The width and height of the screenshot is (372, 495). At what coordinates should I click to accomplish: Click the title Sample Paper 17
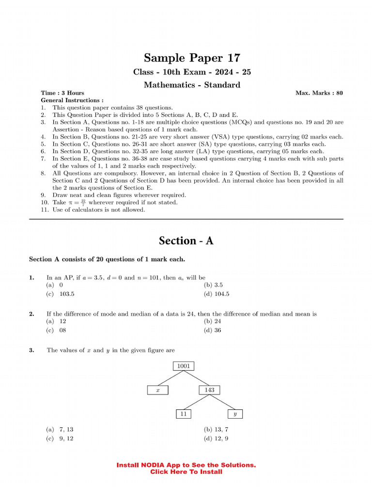[x=192, y=58]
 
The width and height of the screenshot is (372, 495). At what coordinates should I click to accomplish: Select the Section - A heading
[x=186, y=241]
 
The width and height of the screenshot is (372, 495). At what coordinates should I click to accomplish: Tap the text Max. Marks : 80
[x=319, y=93]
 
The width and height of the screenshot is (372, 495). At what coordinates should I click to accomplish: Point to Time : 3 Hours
[x=62, y=93]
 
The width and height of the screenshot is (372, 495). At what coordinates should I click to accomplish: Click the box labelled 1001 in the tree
[x=183, y=366]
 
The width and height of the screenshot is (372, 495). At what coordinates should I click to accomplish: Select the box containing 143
[x=209, y=390]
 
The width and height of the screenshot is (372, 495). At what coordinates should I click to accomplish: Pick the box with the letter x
[x=157, y=390]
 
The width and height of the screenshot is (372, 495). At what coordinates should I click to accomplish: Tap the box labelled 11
[x=183, y=414]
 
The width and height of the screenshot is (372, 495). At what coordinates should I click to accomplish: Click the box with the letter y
[x=235, y=414]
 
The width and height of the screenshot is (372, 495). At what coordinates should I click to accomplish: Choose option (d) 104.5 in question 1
[x=217, y=293]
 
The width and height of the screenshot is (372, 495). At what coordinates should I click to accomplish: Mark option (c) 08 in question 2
[x=56, y=330]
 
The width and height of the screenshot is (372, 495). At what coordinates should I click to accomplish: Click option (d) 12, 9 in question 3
[x=216, y=438]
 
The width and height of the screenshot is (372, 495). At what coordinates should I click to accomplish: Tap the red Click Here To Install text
[x=186, y=472]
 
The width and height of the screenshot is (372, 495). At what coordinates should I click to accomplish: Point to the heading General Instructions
[x=72, y=100]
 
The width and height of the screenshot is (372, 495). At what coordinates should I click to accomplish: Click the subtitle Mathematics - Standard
[x=192, y=85]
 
